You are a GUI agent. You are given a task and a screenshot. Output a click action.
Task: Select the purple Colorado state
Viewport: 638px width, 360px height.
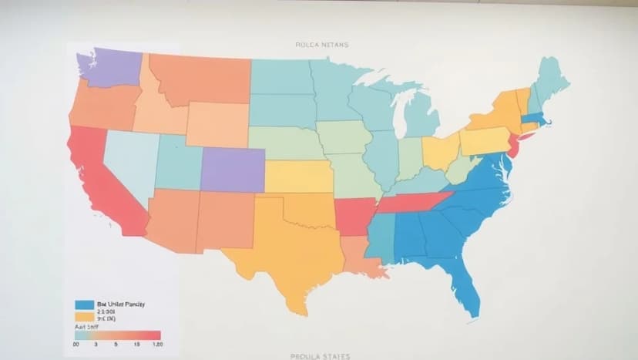click(x=232, y=170)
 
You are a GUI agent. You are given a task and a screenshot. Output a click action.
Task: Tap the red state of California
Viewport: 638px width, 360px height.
click(x=100, y=181)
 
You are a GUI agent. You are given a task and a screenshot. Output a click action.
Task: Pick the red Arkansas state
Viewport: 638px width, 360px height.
click(x=353, y=214)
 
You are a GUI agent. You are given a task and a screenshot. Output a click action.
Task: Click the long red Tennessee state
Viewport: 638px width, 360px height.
click(x=412, y=202)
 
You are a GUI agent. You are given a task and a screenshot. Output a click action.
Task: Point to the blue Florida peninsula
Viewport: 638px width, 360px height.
click(x=466, y=289)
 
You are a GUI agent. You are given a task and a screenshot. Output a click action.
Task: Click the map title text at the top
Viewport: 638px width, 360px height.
click(x=321, y=45)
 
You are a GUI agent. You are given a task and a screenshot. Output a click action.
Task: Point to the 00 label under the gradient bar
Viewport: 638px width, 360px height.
click(x=76, y=345)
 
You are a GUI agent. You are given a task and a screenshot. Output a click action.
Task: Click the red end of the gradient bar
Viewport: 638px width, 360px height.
click(x=154, y=335)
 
